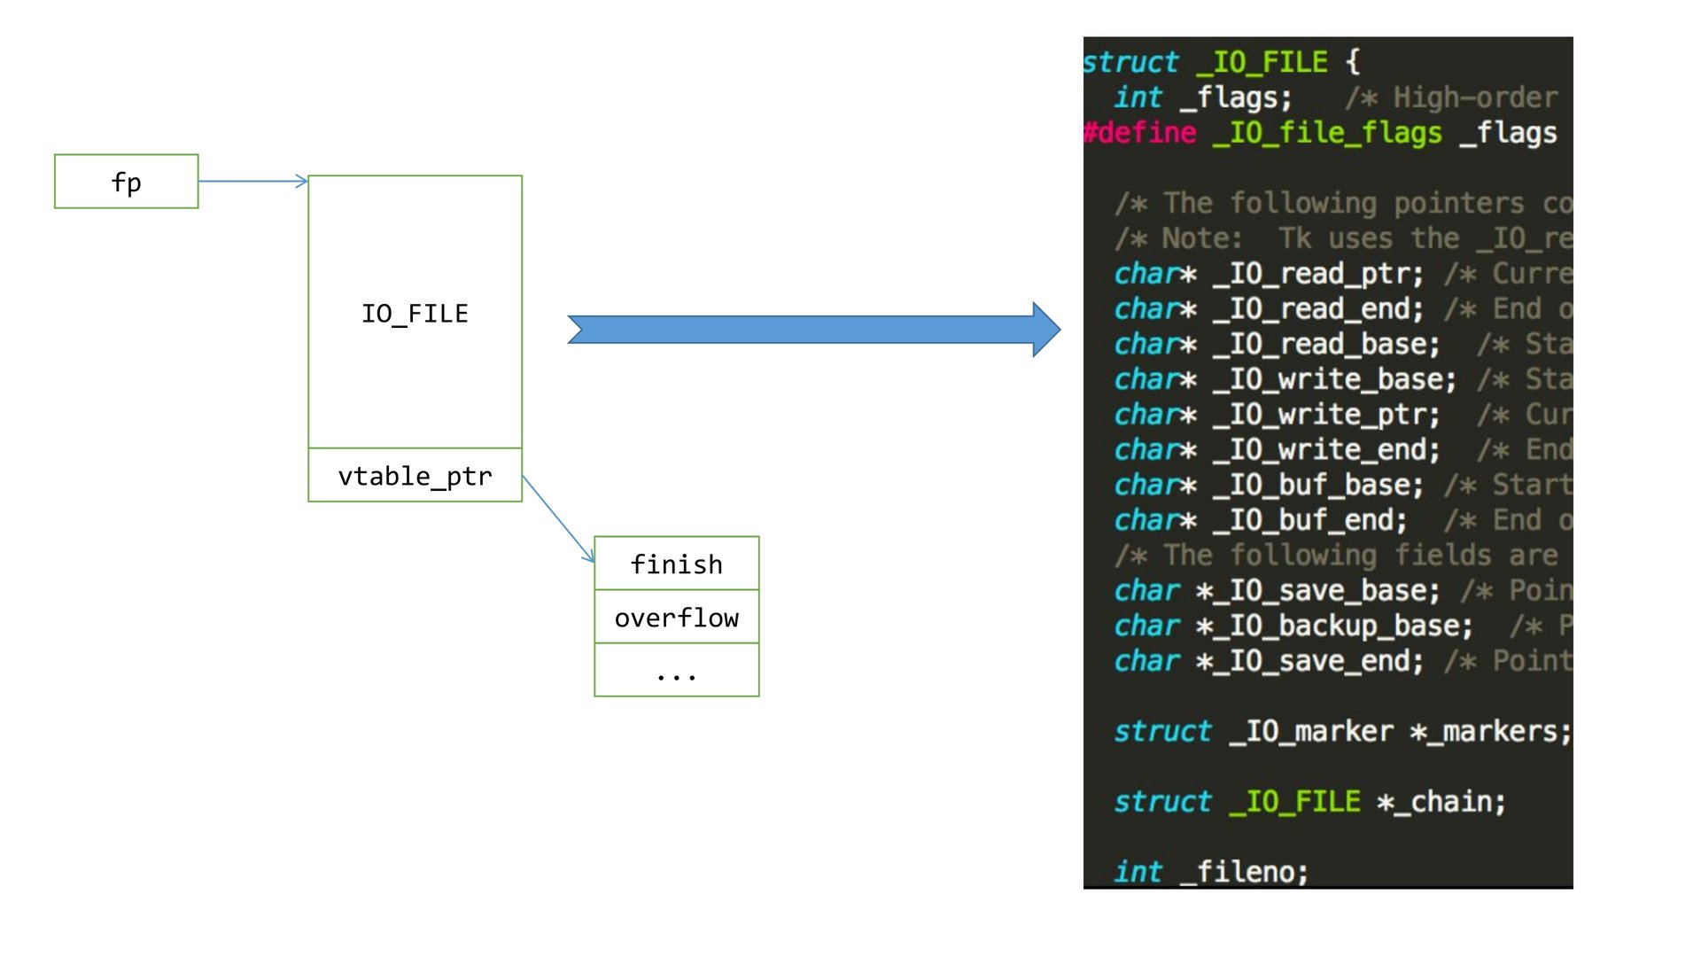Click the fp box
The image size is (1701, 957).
pos(127,182)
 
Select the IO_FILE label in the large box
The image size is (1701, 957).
pos(415,314)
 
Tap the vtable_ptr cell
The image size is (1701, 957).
pos(415,476)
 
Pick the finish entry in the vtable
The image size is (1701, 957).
pos(676,564)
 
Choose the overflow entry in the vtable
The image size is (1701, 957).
pos(676,618)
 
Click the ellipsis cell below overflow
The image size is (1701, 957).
pos(676,671)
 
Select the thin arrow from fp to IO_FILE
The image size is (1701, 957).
pos(252,182)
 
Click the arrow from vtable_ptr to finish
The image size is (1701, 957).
pos(558,518)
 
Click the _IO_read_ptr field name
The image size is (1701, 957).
pos(1317,274)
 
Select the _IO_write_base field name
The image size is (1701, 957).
pos(1333,379)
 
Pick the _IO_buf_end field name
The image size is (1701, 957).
pos(1309,520)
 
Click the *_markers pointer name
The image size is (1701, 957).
pos(1489,731)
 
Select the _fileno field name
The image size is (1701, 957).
pos(1245,872)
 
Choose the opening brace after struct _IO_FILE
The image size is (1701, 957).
pos(1353,62)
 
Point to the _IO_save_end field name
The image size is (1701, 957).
pos(1309,661)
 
